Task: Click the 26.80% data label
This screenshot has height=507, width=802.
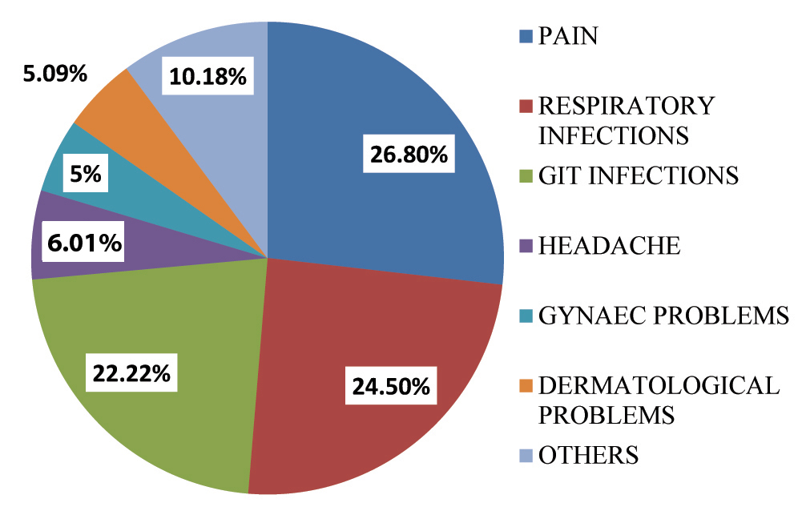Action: pyautogui.click(x=408, y=154)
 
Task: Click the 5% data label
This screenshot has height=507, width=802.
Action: pyautogui.click(x=85, y=174)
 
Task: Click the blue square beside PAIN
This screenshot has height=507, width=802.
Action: pyautogui.click(x=526, y=36)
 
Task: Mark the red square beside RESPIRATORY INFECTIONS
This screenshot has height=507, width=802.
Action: pyautogui.click(x=526, y=106)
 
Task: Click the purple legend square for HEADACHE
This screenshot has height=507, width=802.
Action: pyautogui.click(x=526, y=245)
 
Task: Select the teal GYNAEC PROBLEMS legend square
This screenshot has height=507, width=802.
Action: pyautogui.click(x=526, y=315)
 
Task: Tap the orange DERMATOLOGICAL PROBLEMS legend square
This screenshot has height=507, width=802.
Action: pyautogui.click(x=526, y=385)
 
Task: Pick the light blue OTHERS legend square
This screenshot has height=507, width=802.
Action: pyautogui.click(x=526, y=455)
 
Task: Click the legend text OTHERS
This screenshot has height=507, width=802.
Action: pyautogui.click(x=589, y=455)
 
